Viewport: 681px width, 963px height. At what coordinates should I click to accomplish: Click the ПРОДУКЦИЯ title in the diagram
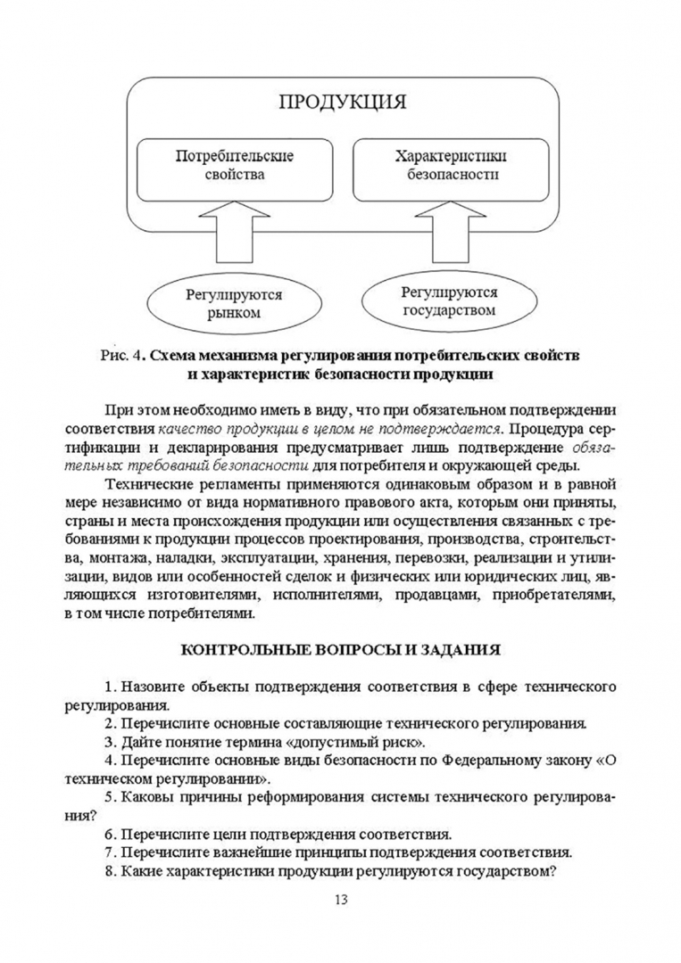(343, 100)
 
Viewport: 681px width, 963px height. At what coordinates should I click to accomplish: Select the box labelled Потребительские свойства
(234, 165)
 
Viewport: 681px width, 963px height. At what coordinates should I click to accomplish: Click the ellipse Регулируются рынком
(234, 303)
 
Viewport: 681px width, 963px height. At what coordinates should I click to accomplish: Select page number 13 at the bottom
(340, 899)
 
